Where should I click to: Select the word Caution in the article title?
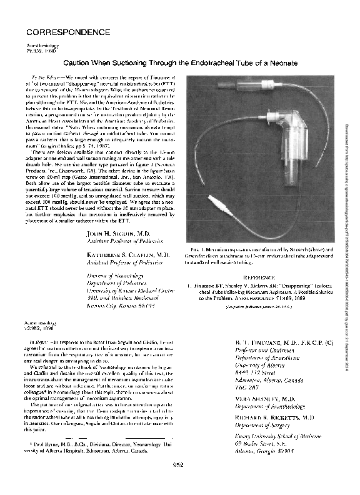(x=78, y=64)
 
